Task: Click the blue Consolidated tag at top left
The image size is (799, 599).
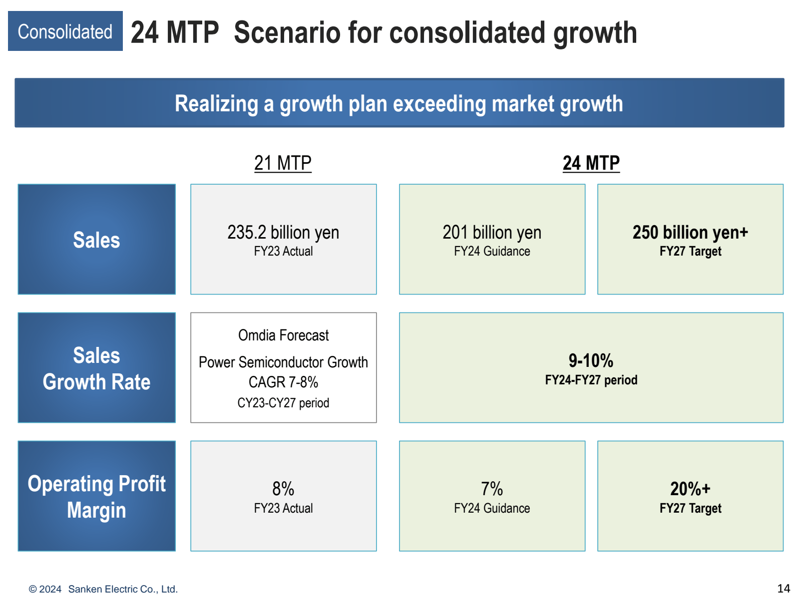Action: (x=65, y=31)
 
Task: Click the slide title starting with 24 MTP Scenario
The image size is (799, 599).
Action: (x=384, y=33)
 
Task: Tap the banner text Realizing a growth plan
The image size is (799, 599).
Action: (x=399, y=104)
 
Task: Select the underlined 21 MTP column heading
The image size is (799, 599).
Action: (x=283, y=163)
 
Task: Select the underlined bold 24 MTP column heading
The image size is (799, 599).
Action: (x=591, y=163)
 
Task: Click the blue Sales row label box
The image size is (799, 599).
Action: (x=96, y=240)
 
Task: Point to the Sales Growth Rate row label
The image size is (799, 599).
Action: (x=96, y=368)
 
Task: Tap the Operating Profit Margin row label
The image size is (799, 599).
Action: (x=96, y=497)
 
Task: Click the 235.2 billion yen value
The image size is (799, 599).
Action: (x=283, y=233)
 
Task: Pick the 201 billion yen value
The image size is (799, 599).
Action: (x=492, y=233)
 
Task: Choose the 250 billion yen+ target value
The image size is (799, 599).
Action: (x=690, y=233)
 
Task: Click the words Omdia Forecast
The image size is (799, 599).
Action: (x=283, y=335)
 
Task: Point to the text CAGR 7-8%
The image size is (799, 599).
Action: (x=283, y=382)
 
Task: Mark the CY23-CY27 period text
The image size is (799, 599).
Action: (x=283, y=403)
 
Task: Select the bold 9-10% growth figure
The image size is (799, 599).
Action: (x=591, y=360)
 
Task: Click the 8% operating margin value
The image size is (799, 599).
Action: (x=283, y=489)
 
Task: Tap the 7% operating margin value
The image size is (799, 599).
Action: (x=492, y=489)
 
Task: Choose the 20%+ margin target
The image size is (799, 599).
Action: (x=690, y=489)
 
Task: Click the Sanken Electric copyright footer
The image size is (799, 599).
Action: (x=103, y=589)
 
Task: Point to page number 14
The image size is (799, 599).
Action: (x=784, y=589)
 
